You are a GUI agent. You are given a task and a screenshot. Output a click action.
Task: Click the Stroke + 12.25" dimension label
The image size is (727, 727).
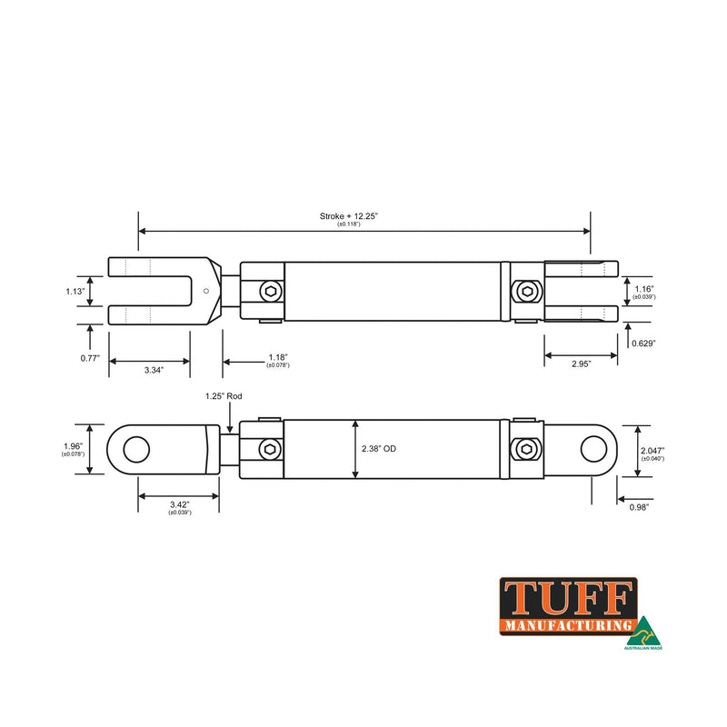click(348, 216)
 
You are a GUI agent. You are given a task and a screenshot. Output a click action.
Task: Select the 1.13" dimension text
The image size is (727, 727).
click(75, 291)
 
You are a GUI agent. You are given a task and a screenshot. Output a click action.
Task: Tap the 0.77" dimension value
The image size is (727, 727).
click(88, 358)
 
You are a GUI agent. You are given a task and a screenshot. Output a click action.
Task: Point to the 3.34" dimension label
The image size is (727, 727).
click(150, 371)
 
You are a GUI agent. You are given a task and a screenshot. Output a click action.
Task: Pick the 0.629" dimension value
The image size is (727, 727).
click(642, 344)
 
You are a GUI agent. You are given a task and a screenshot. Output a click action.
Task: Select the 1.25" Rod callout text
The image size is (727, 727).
click(224, 397)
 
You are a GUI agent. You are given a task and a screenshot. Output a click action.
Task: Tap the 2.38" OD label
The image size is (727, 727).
click(379, 449)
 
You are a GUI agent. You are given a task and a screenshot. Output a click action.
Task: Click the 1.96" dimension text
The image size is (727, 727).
click(73, 445)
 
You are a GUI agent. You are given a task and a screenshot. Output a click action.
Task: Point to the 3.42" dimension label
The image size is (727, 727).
click(178, 505)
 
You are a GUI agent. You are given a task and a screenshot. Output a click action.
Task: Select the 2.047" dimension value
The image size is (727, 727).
click(652, 450)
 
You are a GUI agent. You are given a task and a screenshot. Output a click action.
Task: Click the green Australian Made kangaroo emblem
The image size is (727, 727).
click(642, 629)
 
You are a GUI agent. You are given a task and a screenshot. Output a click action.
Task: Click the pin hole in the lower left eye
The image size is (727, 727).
click(136, 448)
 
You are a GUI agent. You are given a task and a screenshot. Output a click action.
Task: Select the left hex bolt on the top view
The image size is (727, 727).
click(271, 292)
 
